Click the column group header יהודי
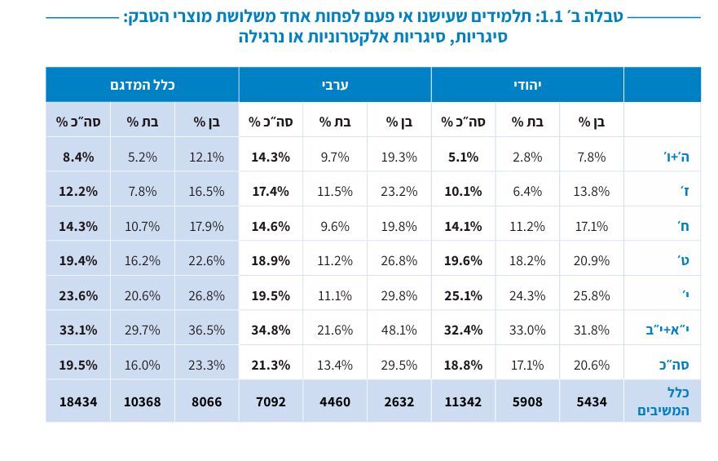click(527, 85)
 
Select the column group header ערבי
click(335, 85)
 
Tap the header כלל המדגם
click(143, 85)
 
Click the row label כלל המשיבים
click(663, 401)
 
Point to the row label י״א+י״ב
click(667, 330)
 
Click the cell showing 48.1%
click(399, 330)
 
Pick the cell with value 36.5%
click(207, 330)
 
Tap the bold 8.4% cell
click(78, 157)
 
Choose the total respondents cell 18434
click(78, 401)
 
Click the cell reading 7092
click(271, 401)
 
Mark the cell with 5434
click(592, 401)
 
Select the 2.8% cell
click(527, 157)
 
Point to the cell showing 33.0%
click(527, 330)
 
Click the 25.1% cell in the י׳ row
click(463, 295)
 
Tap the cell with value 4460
click(335, 401)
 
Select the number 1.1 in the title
click(570, 16)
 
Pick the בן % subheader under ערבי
click(399, 122)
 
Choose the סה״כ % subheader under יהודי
click(463, 122)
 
